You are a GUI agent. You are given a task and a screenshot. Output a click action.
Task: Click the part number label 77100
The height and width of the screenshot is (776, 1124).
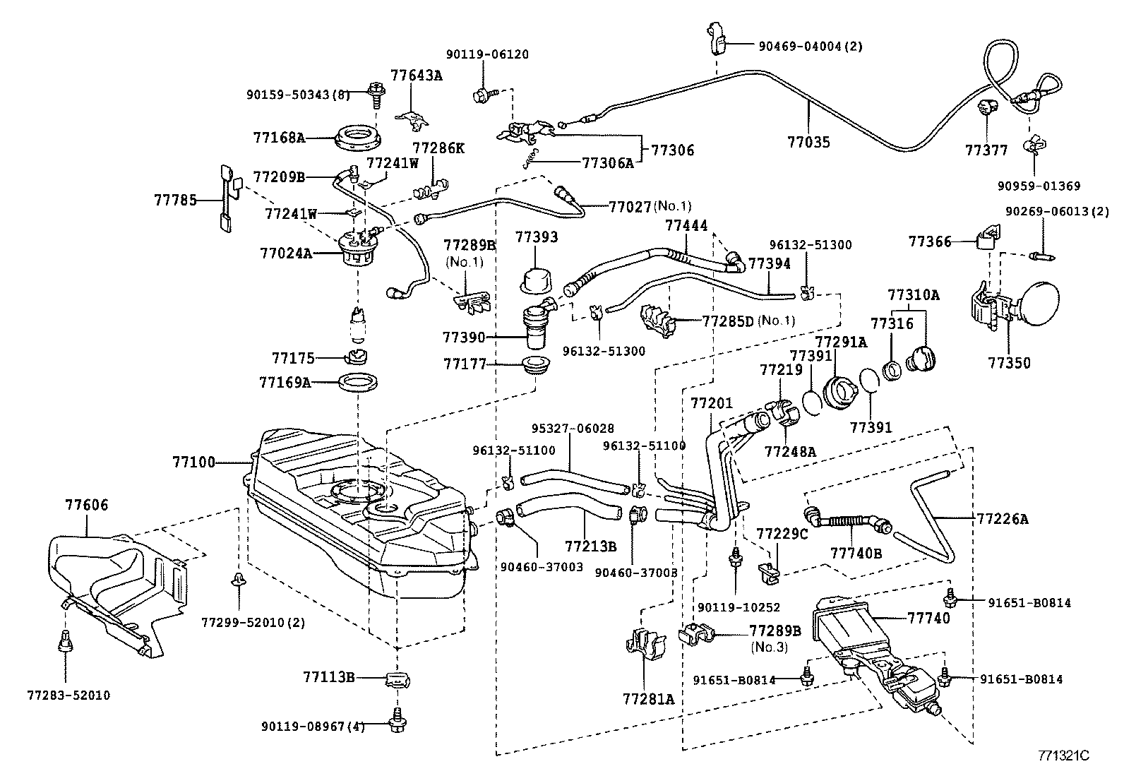pos(193,462)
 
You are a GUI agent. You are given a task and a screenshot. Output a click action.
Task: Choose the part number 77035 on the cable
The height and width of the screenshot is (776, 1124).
pos(808,142)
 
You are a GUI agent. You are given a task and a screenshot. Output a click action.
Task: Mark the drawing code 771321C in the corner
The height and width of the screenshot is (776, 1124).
pos(1063,755)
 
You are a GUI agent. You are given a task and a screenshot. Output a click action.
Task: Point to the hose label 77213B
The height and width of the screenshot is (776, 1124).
pos(590,546)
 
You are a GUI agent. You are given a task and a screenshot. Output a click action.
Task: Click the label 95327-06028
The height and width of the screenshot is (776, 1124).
pos(572,428)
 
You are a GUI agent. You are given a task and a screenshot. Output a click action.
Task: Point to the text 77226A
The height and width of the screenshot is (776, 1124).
pos(1003,519)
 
